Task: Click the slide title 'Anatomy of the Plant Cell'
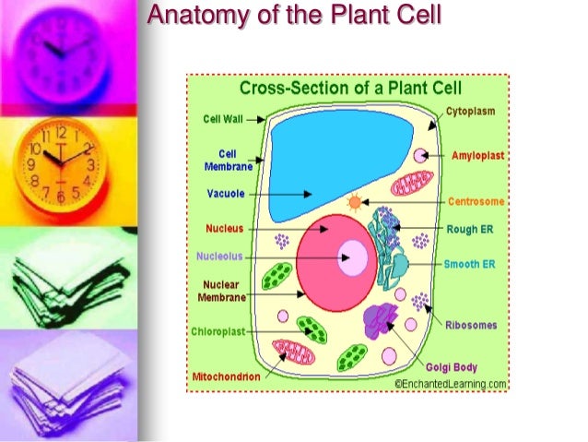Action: click(x=295, y=16)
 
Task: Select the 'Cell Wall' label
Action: click(x=223, y=119)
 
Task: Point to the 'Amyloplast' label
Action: click(x=477, y=156)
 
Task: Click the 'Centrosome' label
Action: click(x=476, y=201)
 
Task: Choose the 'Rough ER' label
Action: click(x=469, y=229)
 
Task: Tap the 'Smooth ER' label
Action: click(x=469, y=264)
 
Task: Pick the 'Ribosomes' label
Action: click(x=471, y=325)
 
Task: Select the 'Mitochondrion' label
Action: click(x=226, y=377)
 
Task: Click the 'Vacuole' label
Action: click(x=225, y=194)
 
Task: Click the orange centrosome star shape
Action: click(x=352, y=201)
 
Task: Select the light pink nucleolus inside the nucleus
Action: click(x=355, y=257)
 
